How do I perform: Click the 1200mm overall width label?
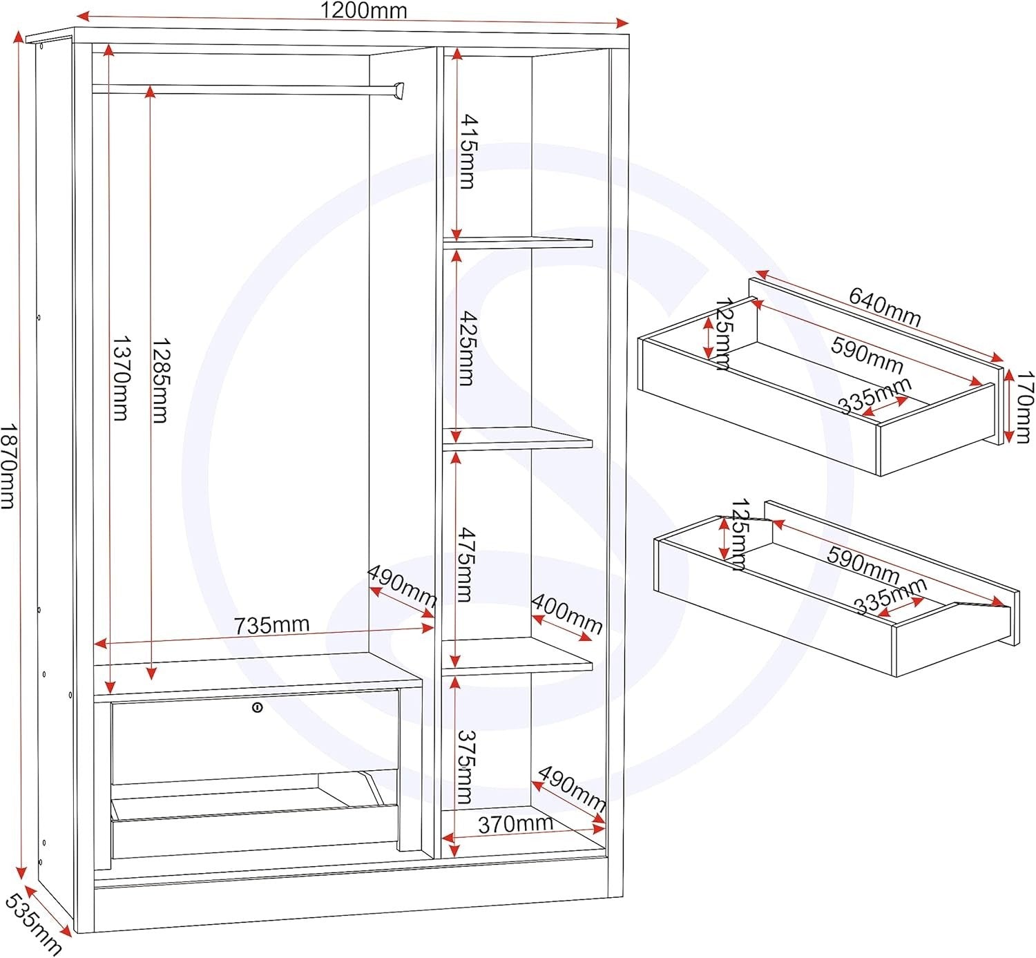pos(363,10)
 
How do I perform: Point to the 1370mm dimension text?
pos(120,378)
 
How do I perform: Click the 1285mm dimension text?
pos(160,380)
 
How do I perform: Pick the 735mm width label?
pos(271,624)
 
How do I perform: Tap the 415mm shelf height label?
pos(468,151)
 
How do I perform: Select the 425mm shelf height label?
pos(468,349)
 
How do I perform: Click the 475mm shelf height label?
pos(466,564)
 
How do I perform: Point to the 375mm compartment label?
pos(465,767)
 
